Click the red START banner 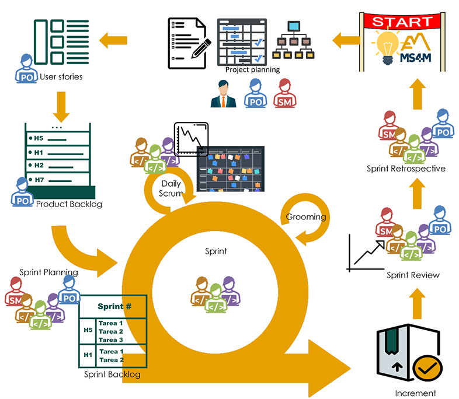coord(403,22)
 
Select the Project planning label coord(252,70)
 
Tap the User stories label coord(61,76)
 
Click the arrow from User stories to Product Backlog coord(61,103)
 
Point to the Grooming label coord(306,217)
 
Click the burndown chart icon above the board coord(191,139)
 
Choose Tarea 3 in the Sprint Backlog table coord(111,339)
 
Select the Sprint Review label coord(412,275)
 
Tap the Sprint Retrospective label coord(406,169)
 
